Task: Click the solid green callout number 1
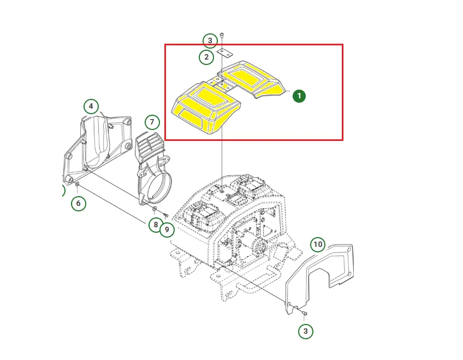(299, 96)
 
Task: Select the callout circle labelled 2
(206, 57)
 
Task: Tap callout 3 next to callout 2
(210, 40)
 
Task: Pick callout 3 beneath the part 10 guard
(305, 331)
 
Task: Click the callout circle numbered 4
(91, 107)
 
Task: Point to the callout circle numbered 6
(78, 203)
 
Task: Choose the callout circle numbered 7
(152, 122)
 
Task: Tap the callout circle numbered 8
(156, 225)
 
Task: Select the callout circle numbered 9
(167, 229)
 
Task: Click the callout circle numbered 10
(318, 244)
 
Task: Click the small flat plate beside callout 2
(225, 53)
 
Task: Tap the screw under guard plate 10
(305, 313)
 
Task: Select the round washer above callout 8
(155, 209)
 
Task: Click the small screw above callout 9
(165, 214)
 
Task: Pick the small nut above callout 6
(78, 185)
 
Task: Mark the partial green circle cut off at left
(63, 191)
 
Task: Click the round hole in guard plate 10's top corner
(349, 250)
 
